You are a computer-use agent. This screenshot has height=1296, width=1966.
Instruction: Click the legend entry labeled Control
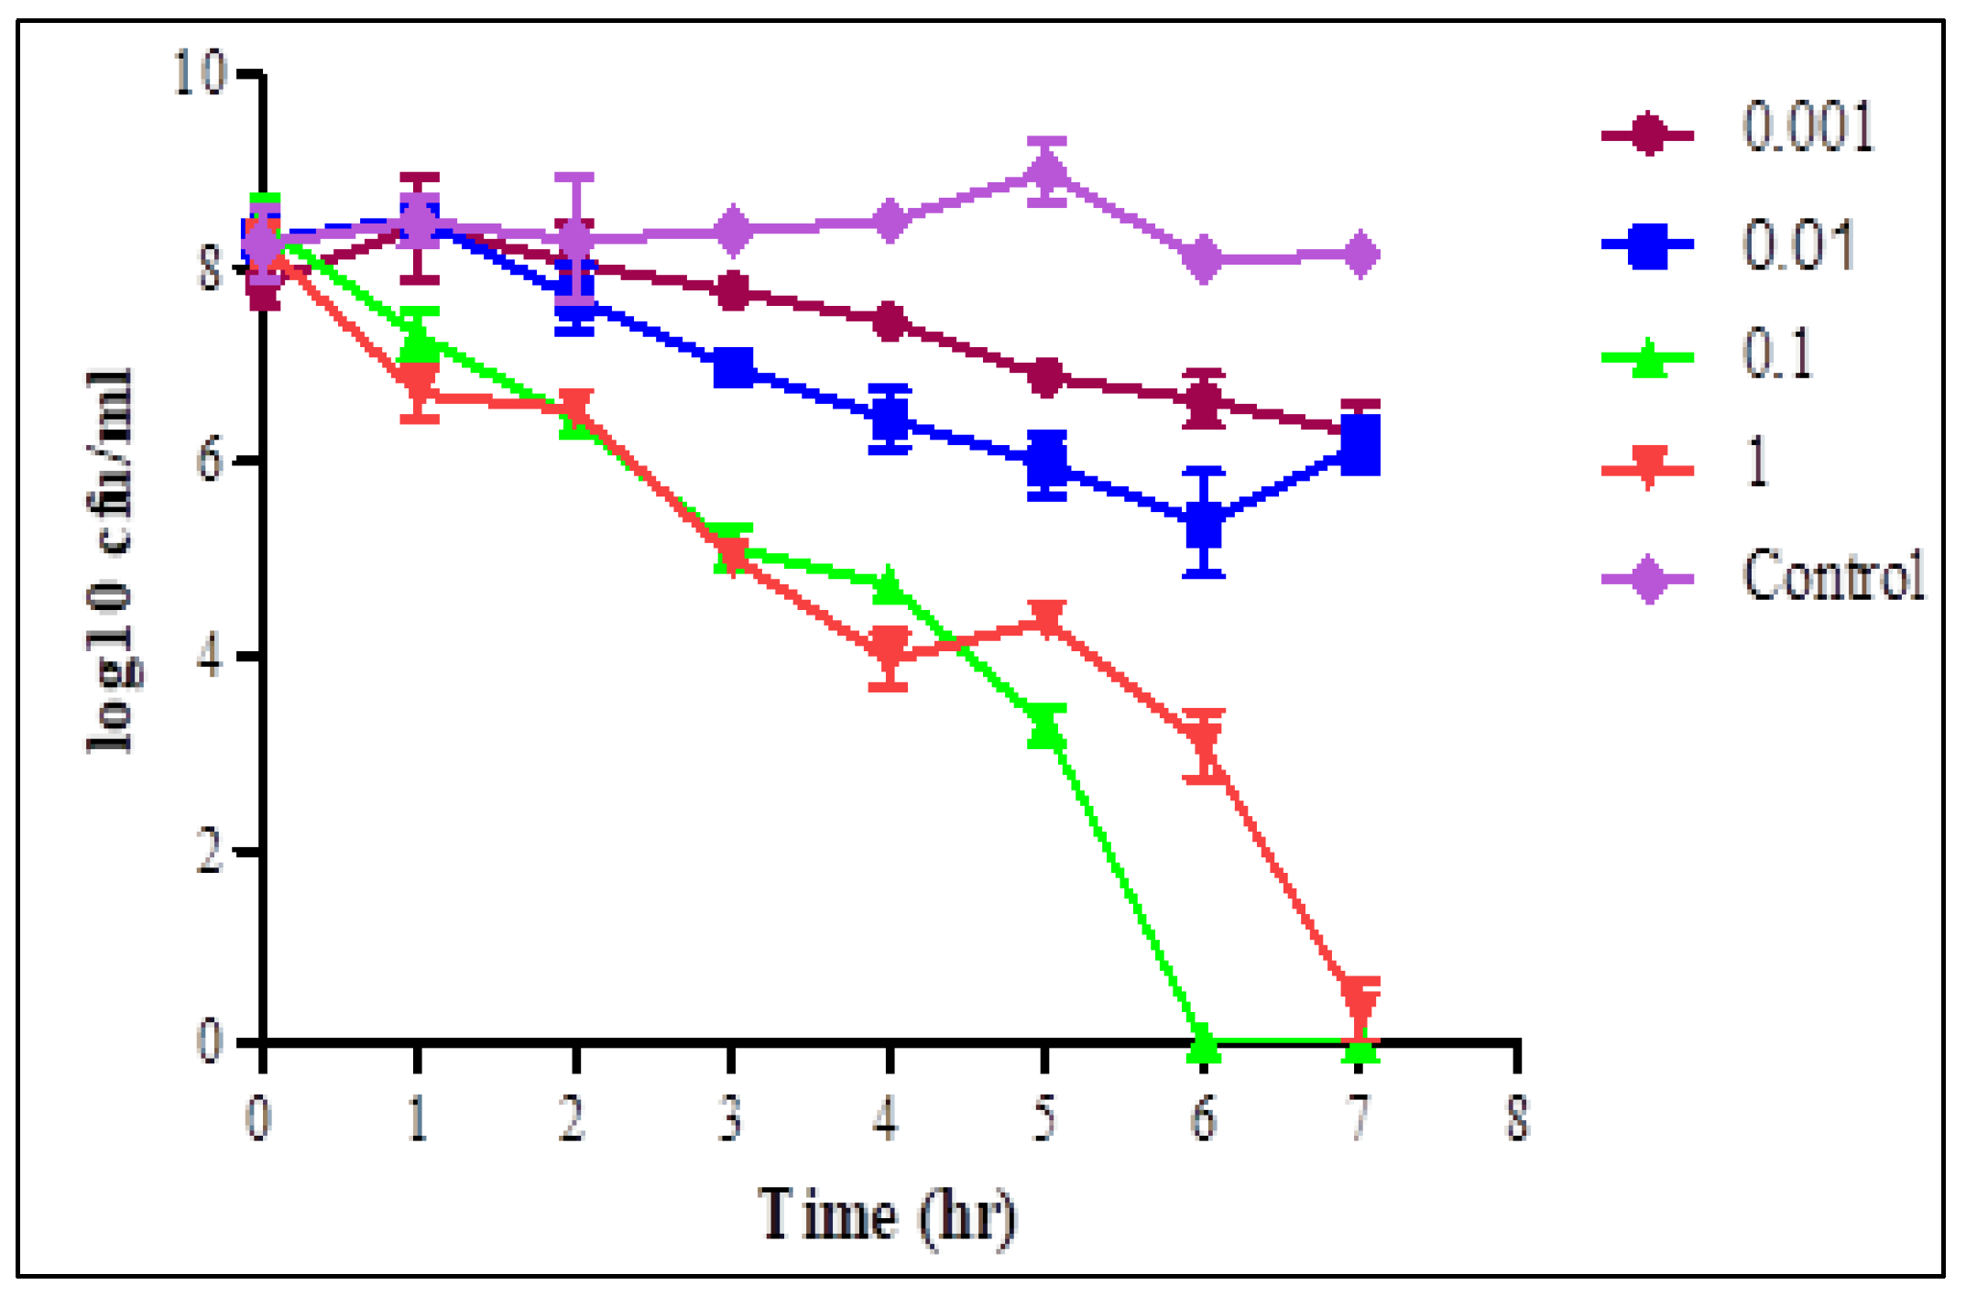(x=1832, y=577)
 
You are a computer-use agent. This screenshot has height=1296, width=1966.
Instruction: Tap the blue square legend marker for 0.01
(x=1648, y=245)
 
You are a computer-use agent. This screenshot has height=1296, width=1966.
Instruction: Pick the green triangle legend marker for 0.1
(x=1648, y=358)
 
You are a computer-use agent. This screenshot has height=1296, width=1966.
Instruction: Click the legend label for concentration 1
(x=1757, y=463)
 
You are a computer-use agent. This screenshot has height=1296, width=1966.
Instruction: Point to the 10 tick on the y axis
(x=200, y=73)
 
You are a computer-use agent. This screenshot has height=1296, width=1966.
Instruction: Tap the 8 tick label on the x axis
(x=1518, y=1119)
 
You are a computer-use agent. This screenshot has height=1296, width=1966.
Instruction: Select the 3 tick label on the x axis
(x=730, y=1119)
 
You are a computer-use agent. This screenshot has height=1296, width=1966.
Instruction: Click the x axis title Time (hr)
(x=888, y=1216)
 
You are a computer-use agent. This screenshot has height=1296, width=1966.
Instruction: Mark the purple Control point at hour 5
(x=1046, y=171)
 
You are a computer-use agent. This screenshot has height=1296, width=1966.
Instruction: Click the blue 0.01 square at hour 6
(x=1204, y=523)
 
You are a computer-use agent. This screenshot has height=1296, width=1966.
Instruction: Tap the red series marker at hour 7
(x=1360, y=1000)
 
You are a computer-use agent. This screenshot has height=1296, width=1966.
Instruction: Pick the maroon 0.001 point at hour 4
(x=889, y=321)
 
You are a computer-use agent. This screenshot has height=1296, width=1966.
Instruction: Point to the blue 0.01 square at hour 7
(x=1360, y=446)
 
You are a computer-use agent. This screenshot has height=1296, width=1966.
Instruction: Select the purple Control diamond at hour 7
(x=1360, y=254)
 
